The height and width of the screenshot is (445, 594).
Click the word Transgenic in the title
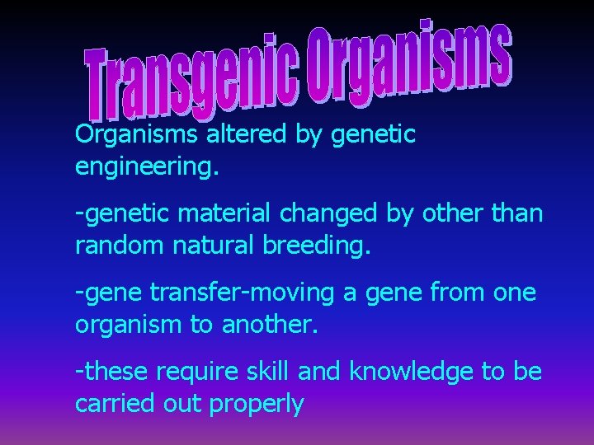coord(194,83)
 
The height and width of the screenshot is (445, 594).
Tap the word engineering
coord(147,167)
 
